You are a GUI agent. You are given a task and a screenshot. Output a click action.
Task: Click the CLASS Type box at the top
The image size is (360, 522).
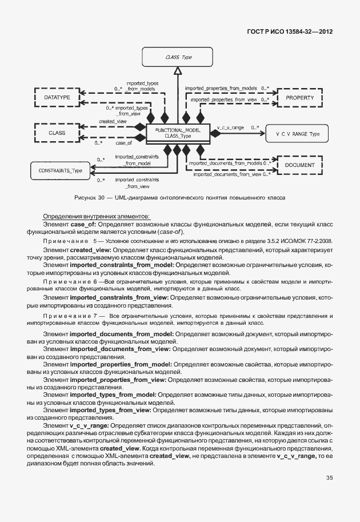pos(178,58)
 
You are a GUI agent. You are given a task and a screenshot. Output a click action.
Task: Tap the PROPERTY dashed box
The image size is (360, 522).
pos(300,98)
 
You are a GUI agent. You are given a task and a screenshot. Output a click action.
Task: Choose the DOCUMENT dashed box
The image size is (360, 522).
pos(299,165)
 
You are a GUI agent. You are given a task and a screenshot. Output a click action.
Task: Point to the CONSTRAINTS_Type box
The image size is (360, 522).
pos(60,170)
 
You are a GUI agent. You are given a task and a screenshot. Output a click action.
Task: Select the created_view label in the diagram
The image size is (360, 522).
pos(113,122)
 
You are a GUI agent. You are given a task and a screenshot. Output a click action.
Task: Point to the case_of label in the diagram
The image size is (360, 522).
pos(125,143)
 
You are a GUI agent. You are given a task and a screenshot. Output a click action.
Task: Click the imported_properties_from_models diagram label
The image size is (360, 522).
pos(221,89)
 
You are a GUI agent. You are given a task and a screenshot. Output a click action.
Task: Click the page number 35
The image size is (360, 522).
pos(329,478)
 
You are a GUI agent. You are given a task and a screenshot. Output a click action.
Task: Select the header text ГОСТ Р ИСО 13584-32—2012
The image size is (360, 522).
pos(287,32)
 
